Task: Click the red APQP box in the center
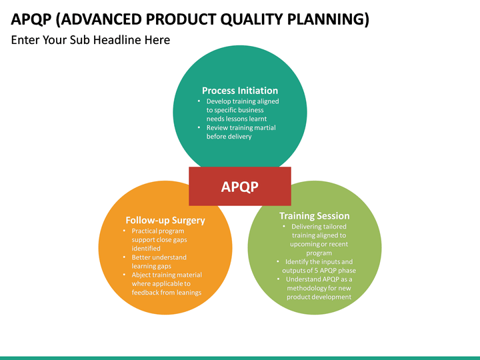(240, 187)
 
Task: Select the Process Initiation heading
(240, 91)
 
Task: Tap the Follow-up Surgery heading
(165, 220)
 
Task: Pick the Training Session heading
(314, 216)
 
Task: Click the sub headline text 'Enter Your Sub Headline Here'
(91, 40)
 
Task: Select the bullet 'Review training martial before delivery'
(241, 132)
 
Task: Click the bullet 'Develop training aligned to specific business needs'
(242, 110)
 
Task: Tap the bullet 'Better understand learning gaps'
(159, 261)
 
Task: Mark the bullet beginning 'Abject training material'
(166, 283)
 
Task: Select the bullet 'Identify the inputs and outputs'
(318, 266)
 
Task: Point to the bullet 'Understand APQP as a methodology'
(319, 288)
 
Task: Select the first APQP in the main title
(31, 19)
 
